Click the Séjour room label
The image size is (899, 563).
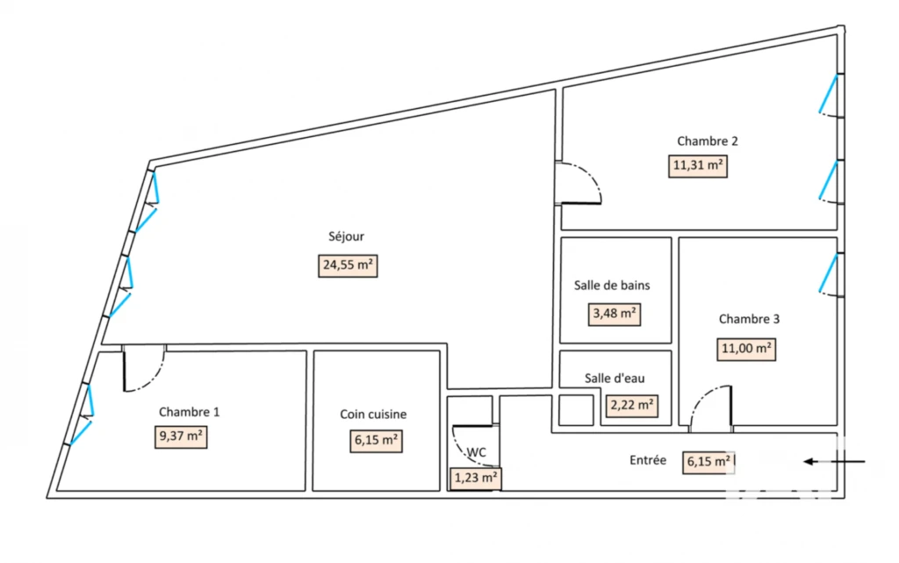pos(346,236)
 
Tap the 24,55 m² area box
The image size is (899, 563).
pos(348,265)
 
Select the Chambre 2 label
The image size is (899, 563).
pos(707,141)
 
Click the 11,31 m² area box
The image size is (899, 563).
pos(698,166)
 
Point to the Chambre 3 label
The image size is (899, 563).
pos(749,320)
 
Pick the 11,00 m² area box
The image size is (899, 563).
pos(746,350)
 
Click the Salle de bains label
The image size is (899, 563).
pos(612,285)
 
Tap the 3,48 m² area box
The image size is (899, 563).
pos(615,314)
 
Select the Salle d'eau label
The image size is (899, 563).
pos(615,379)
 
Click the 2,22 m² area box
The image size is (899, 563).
pos(632,406)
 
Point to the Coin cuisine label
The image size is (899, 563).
pos(373,415)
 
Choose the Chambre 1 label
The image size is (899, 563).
pos(189,412)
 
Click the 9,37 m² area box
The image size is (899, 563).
pos(181,437)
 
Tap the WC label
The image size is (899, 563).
pos(477,452)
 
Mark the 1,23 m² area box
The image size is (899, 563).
pos(476,478)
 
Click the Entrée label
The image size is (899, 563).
pos(648,460)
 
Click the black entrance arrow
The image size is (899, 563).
pos(834,461)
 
